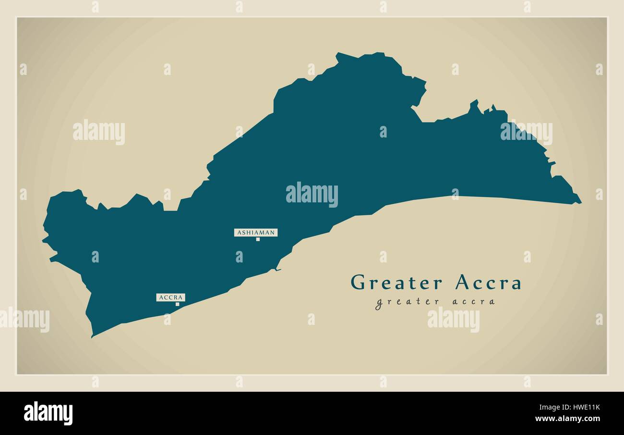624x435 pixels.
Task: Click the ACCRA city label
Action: coord(170,298)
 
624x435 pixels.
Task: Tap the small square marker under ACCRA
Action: coord(177,304)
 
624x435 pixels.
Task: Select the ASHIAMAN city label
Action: coord(256,233)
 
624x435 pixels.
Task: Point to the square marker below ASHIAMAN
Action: coord(258,239)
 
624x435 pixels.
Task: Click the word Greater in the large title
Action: coord(396,283)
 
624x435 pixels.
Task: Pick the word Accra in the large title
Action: coord(488,283)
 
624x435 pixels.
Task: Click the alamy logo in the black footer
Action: coord(48,413)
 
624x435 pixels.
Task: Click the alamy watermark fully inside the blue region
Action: coord(312,194)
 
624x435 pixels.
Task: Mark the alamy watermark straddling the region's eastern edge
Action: coord(526,133)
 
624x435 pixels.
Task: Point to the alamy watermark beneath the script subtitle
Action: coord(453,320)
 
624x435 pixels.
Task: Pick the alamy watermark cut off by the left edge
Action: coord(24,320)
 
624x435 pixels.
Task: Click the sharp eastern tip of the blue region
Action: coord(580,202)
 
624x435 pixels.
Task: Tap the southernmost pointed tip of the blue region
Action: coord(92,336)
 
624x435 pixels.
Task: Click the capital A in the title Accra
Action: coord(462,283)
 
